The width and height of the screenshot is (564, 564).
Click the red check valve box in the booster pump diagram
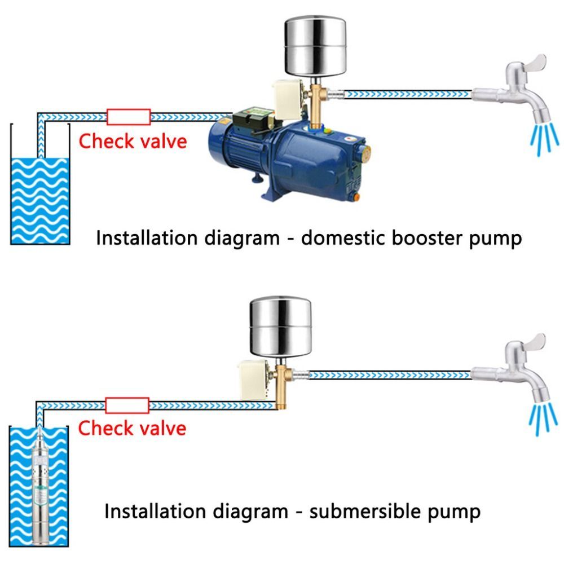(x=129, y=117)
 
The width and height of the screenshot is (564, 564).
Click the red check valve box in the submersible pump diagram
(x=127, y=406)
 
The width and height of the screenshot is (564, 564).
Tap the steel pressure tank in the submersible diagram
(x=280, y=327)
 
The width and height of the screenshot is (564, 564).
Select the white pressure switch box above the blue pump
(x=288, y=100)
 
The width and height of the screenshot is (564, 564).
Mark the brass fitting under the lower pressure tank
(x=282, y=386)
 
